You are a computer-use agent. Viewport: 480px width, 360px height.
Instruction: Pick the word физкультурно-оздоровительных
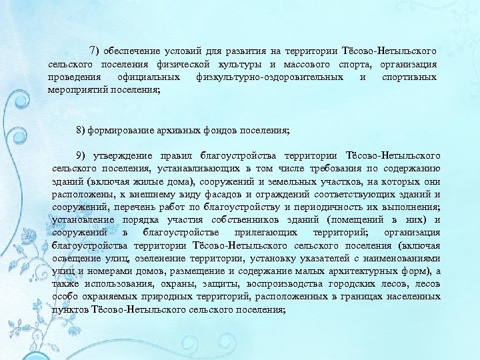(271, 77)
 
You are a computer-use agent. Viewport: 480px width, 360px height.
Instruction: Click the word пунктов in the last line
(69, 309)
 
